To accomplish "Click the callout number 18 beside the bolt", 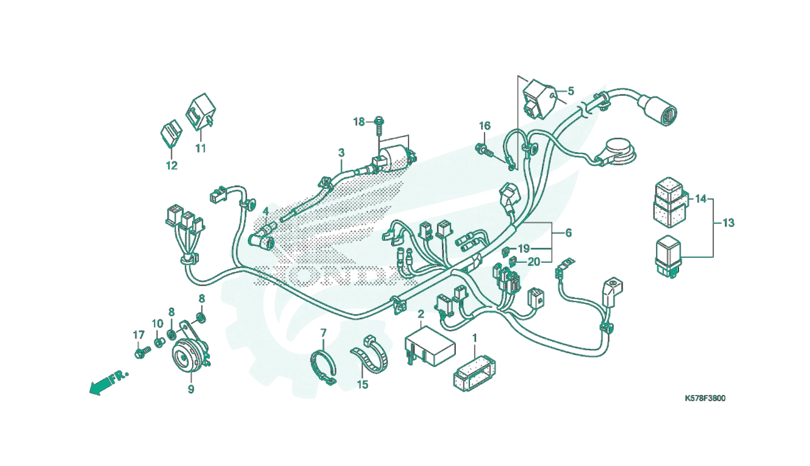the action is point(359,122).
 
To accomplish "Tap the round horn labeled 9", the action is point(187,355).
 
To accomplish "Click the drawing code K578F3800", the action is point(705,399).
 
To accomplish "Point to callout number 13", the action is point(729,223).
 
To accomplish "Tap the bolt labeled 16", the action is point(484,149).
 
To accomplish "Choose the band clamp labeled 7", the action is point(324,366).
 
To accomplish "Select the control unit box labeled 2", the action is point(430,346).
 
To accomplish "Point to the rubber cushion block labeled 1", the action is point(474,374).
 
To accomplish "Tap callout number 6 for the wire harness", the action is point(569,233).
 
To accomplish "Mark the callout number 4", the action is point(266,211).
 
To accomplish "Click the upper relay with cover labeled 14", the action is point(669,203).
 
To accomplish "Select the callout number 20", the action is point(534,262).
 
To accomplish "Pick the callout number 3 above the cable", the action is point(341,153).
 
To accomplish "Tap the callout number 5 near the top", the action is point(571,91).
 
